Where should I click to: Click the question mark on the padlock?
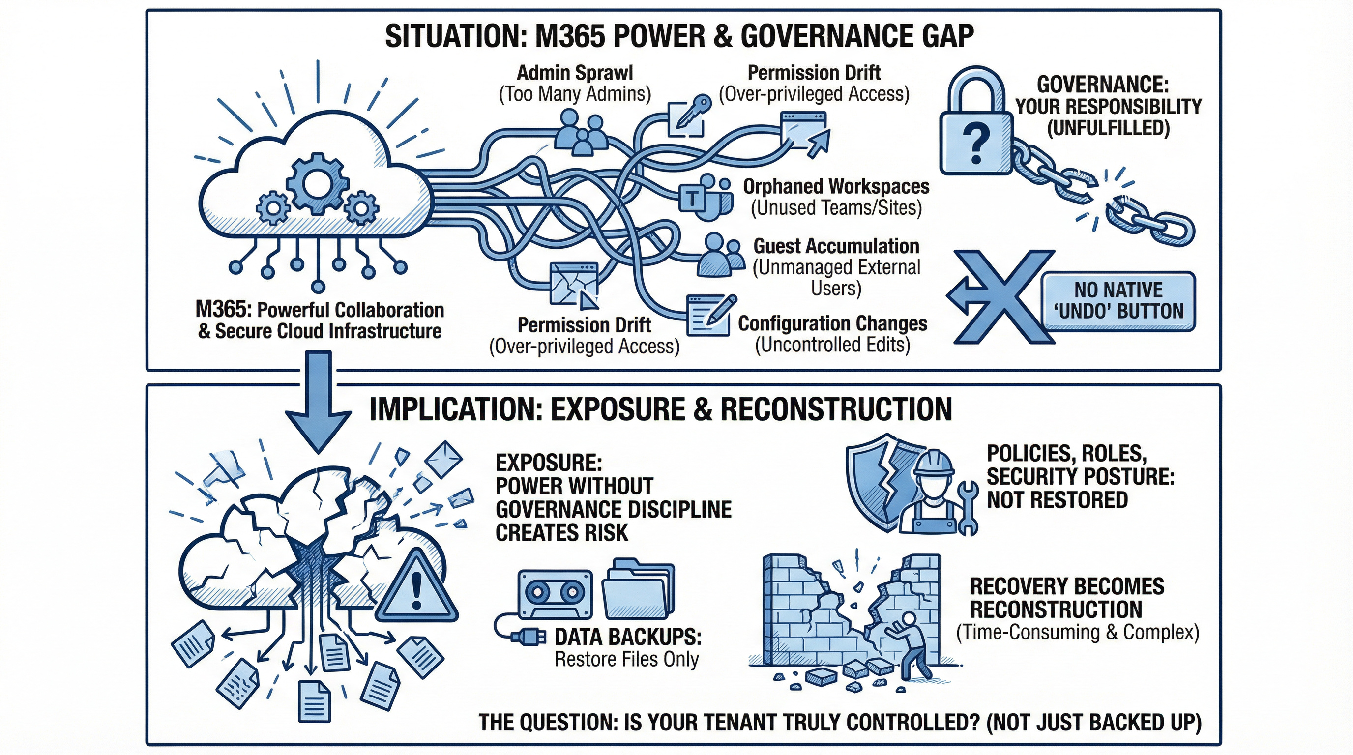click(x=976, y=143)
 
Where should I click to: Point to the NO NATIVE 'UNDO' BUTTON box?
click(x=1119, y=301)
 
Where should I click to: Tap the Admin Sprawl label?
click(x=575, y=73)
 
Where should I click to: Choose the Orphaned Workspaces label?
click(x=836, y=186)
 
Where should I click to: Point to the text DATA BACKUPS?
click(x=628, y=637)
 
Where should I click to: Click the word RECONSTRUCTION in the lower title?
click(x=836, y=409)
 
